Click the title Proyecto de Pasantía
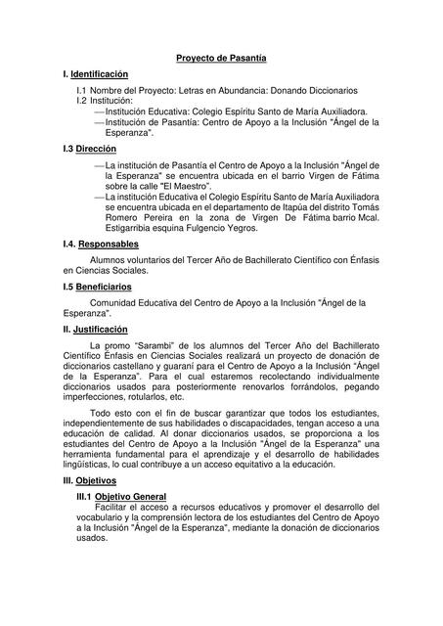coord(221,59)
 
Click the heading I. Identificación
coord(95,74)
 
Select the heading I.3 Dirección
coord(89,148)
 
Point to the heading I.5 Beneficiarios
coord(96,287)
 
